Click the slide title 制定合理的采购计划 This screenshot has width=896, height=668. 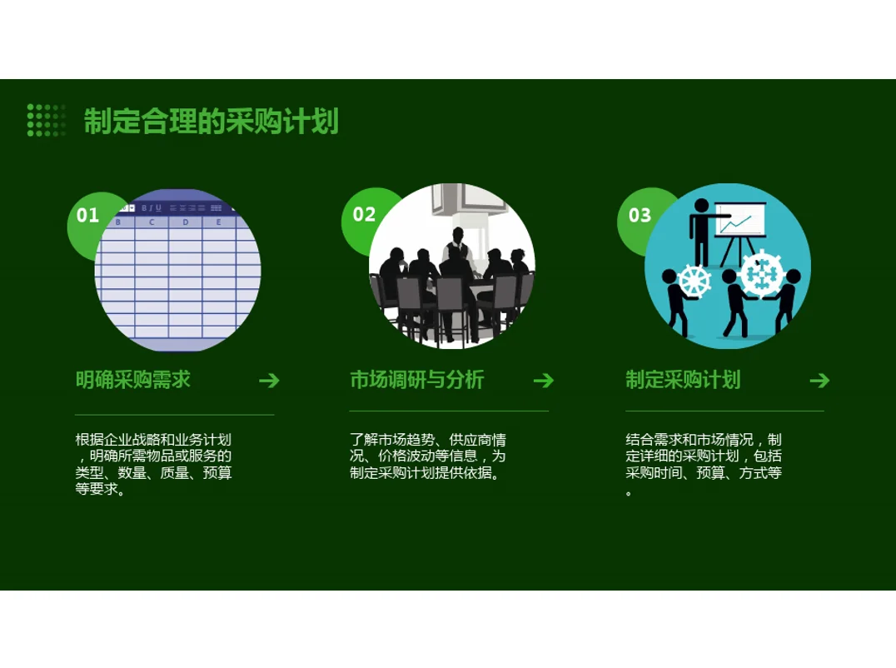pyautogui.click(x=211, y=122)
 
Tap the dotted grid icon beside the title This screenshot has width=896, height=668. pyautogui.click(x=46, y=120)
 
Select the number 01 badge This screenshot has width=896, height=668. pyautogui.click(x=87, y=215)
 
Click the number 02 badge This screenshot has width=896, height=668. pyautogui.click(x=364, y=214)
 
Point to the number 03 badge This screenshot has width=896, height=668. pyautogui.click(x=640, y=216)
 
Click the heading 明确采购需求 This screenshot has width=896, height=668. pyautogui.click(x=133, y=380)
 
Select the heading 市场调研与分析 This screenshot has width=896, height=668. pyautogui.click(x=416, y=380)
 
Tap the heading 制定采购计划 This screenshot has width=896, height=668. pyautogui.click(x=683, y=380)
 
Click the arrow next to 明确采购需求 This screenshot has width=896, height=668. pyautogui.click(x=269, y=381)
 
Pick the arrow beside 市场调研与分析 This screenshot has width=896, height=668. pyautogui.click(x=543, y=381)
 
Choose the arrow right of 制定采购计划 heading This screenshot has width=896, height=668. pyautogui.click(x=819, y=381)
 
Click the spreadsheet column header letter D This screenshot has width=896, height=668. pyautogui.click(x=185, y=222)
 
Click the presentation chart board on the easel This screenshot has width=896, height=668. pyautogui.click(x=740, y=222)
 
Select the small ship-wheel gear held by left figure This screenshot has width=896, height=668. pyautogui.click(x=695, y=281)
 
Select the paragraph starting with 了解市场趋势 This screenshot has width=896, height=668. pyautogui.click(x=428, y=456)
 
